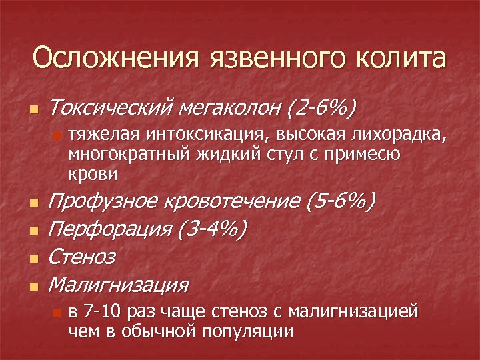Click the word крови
point(93,174)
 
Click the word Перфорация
point(111,229)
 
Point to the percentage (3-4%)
point(213,229)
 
